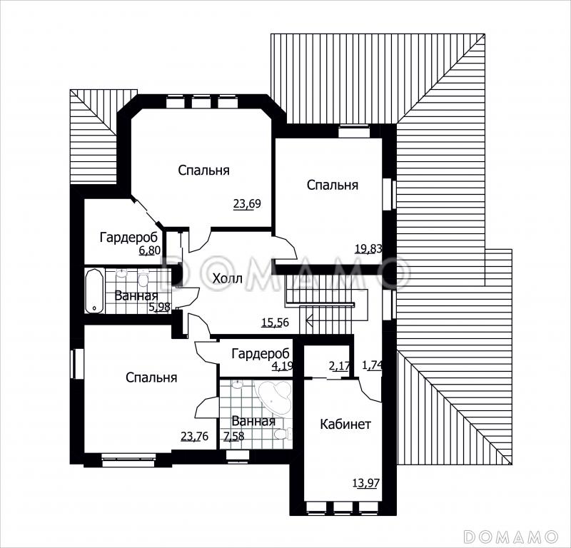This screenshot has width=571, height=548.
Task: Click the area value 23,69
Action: tap(247, 204)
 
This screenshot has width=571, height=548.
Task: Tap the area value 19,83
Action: tap(368, 249)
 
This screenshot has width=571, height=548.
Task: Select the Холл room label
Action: tap(227, 279)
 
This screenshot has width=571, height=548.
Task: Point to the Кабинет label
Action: tap(345, 424)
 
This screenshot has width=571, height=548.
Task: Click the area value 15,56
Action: tap(276, 323)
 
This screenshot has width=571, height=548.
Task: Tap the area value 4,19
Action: tap(283, 365)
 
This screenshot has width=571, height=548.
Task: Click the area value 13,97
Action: tap(366, 483)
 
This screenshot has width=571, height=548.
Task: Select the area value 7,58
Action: tap(234, 436)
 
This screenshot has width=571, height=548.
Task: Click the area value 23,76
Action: tap(194, 436)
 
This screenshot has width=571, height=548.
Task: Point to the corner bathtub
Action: tap(275, 397)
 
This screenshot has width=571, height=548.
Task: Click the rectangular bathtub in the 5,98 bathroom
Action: tap(95, 291)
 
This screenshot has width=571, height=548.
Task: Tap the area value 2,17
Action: tap(338, 365)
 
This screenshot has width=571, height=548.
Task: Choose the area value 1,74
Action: tap(371, 365)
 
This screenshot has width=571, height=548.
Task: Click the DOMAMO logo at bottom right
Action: tap(511, 537)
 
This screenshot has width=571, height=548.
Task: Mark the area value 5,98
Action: tap(159, 308)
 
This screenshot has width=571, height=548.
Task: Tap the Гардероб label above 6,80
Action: tap(129, 237)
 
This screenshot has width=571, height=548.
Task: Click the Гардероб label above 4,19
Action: tap(261, 353)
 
